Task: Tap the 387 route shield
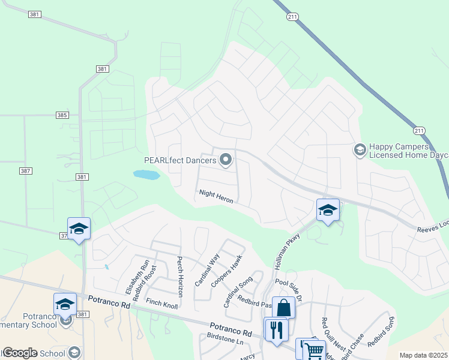(25, 171)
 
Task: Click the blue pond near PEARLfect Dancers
(146, 175)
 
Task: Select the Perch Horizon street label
(179, 277)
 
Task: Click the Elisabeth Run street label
(128, 275)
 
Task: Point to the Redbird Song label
(382, 332)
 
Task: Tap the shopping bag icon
(283, 308)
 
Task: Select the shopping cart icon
(314, 350)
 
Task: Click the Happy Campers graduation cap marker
(360, 149)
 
